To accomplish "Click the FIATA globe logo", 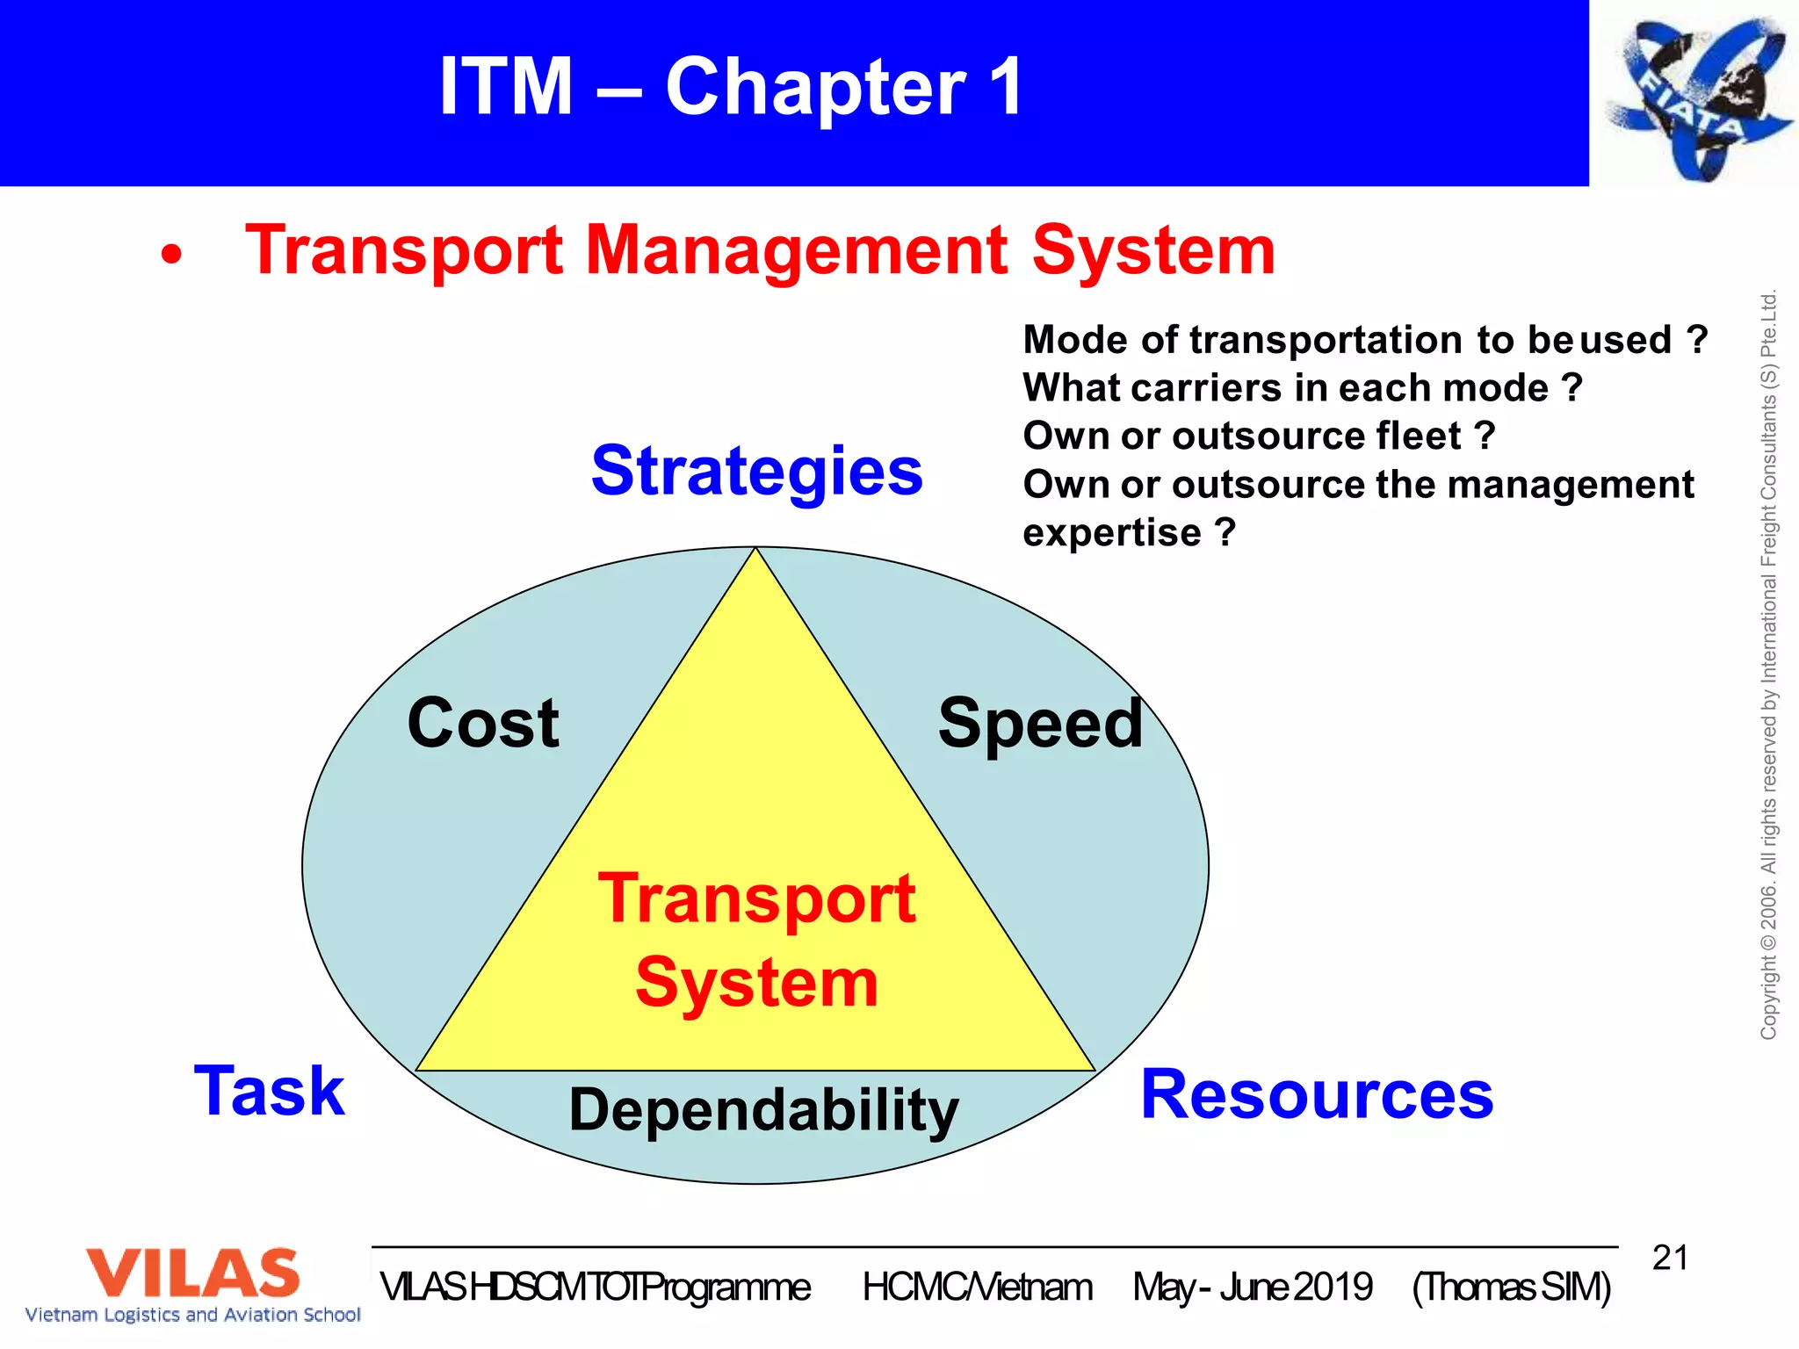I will (1695, 97).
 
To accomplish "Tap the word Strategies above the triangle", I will (756, 471).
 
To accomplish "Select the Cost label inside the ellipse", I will (483, 723).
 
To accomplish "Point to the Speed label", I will (1040, 723).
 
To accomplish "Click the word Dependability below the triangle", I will (763, 1109).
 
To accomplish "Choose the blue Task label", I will (270, 1091).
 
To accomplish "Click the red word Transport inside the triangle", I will (756, 899).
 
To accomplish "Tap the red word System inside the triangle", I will (756, 982).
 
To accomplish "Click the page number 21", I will (1670, 1258).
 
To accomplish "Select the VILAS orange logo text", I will (192, 1273).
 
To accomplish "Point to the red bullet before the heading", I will (172, 256).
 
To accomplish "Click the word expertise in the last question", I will (1112, 532).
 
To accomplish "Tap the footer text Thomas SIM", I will (1512, 1288).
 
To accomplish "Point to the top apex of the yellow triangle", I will (755, 551).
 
